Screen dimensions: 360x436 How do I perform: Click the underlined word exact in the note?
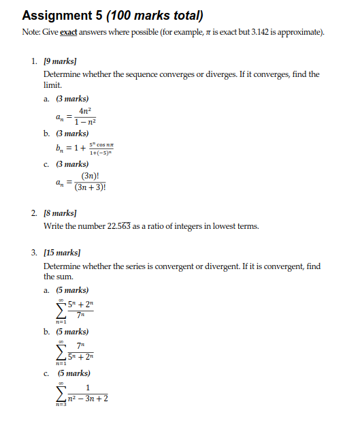coord(68,33)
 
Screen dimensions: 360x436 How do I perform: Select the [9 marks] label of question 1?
coord(61,61)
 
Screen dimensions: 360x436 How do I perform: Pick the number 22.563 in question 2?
coord(121,226)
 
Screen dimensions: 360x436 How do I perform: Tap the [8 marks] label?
coord(61,213)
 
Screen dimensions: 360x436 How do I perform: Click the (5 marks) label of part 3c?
coord(73,373)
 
